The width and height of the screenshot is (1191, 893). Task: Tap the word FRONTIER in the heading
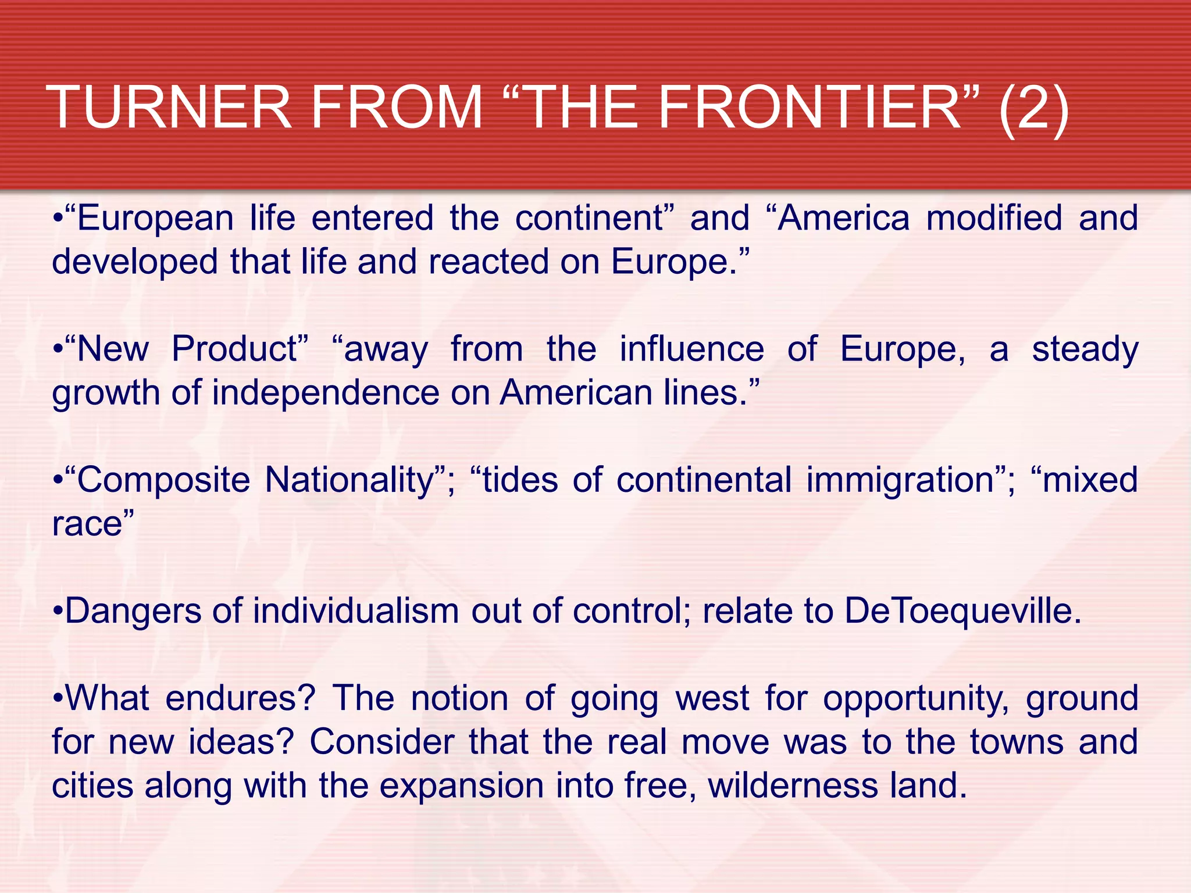coord(808,108)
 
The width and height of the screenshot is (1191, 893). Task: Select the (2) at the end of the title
coord(1033,108)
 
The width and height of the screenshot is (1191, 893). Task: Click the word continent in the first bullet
coord(589,219)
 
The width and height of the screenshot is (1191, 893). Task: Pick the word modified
coord(994,219)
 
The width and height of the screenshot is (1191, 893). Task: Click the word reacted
coord(488,262)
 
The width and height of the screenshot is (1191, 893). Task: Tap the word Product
coord(234,349)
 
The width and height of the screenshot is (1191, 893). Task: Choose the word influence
coord(691,349)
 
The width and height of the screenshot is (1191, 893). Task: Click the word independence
coord(326,394)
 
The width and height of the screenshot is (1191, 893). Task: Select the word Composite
coord(163,481)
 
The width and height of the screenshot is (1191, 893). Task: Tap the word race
coord(87,524)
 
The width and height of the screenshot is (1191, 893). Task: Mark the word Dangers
coord(133,612)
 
